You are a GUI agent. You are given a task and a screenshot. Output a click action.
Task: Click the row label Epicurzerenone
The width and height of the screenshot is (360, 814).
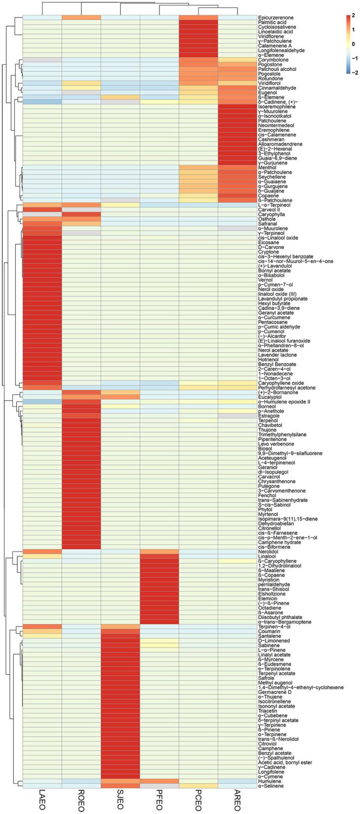coord(274,18)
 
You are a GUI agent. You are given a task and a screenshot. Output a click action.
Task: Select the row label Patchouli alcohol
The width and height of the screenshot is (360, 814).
coord(276,69)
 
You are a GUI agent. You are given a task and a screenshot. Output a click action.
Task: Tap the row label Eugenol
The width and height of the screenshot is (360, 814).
coord(266,93)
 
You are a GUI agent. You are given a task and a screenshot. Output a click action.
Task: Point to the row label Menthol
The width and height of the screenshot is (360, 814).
coord(266,167)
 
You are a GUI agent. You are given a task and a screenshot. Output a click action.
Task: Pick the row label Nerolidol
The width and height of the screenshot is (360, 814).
coord(268,552)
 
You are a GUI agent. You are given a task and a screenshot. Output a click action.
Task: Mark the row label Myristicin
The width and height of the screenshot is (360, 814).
coord(268,580)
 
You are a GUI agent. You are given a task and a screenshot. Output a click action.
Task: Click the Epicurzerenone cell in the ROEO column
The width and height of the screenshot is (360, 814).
coord(81,18)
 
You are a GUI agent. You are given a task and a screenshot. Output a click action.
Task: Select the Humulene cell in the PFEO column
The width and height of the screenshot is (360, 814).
coord(159,781)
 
